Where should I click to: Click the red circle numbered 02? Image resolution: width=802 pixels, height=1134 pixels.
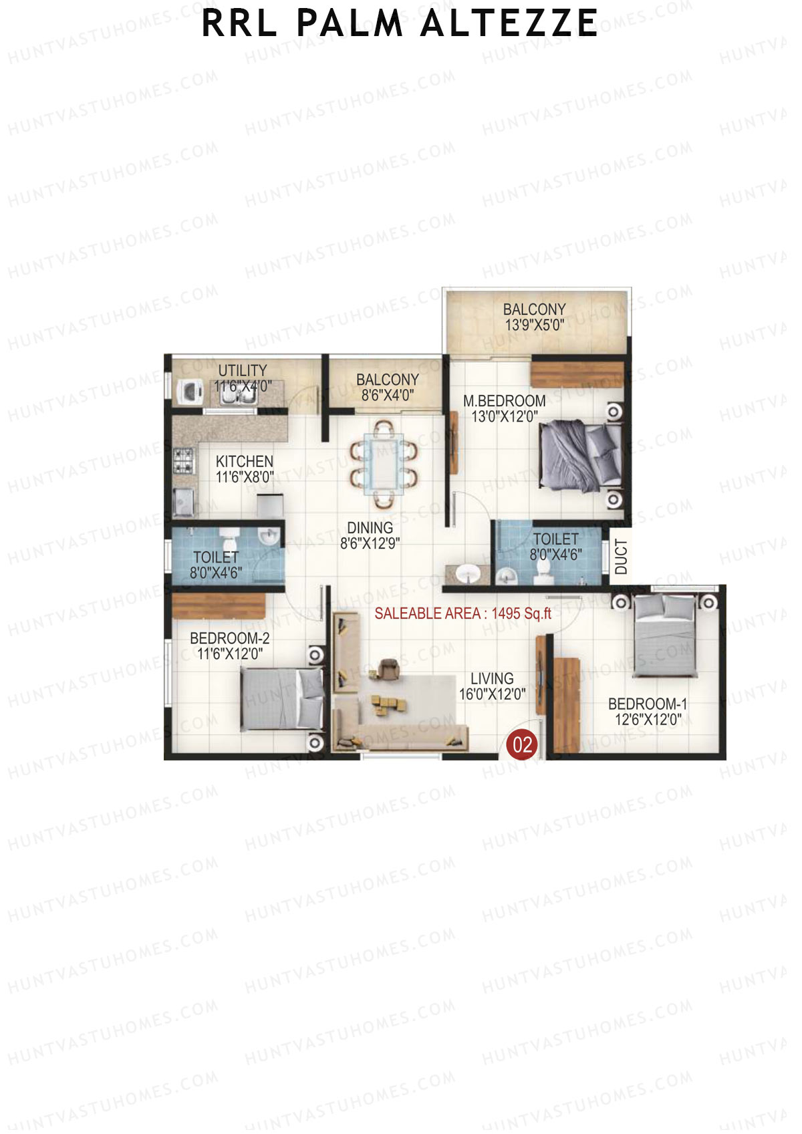522,744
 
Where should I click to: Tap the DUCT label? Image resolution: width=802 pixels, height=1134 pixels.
621,557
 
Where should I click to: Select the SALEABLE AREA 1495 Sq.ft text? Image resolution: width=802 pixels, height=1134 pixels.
462,613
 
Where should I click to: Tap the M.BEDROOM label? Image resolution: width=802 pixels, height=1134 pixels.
505,401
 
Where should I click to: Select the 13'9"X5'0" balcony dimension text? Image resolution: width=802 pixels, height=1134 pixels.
534,325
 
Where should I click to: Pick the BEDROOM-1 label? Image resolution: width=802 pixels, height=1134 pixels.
647,704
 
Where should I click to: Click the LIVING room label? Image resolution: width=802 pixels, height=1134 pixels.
492,678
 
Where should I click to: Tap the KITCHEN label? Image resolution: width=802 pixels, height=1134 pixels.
244,461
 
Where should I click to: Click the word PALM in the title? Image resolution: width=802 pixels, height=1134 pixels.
350,23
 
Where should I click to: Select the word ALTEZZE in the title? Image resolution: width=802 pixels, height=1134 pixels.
509,23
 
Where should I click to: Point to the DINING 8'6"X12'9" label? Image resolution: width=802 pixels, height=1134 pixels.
370,535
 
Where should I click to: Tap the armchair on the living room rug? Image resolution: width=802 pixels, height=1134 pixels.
387,668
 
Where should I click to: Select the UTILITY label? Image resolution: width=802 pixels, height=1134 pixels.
242,370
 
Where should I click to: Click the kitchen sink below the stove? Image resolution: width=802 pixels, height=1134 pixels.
183,501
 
